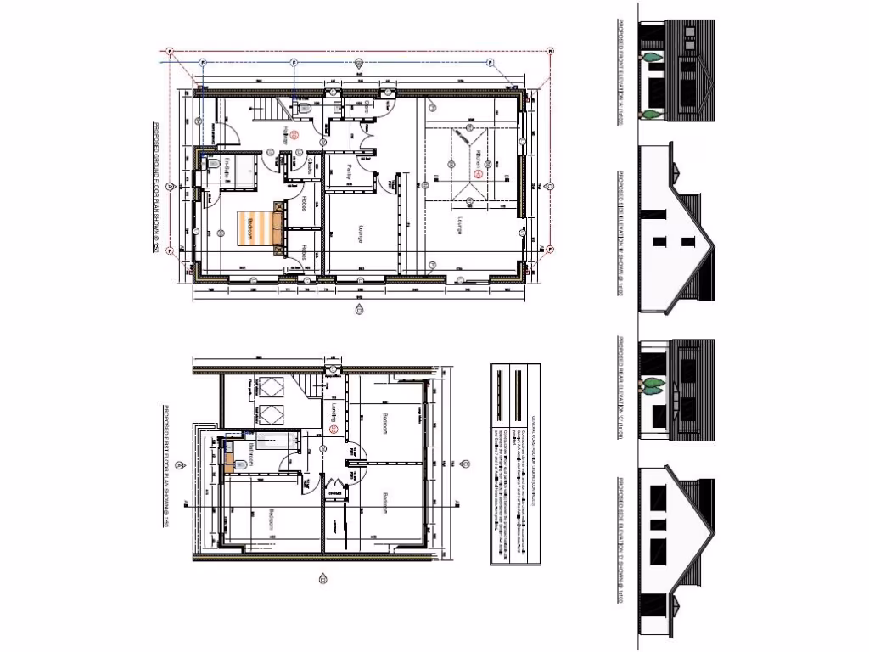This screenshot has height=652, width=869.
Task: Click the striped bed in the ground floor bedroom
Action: [x=256, y=228]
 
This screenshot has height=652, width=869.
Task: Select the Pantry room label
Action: [x=350, y=171]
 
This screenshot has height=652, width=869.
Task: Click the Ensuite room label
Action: [x=228, y=168]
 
